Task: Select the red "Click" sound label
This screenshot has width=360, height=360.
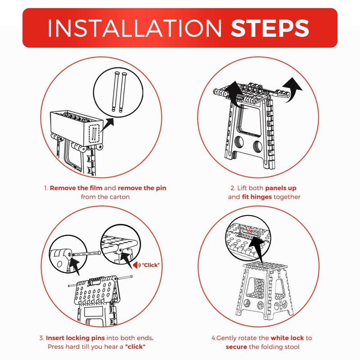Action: pos(150,265)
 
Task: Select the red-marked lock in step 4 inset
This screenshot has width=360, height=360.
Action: pos(248,231)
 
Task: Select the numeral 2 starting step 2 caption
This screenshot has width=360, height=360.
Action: pos(233,188)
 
